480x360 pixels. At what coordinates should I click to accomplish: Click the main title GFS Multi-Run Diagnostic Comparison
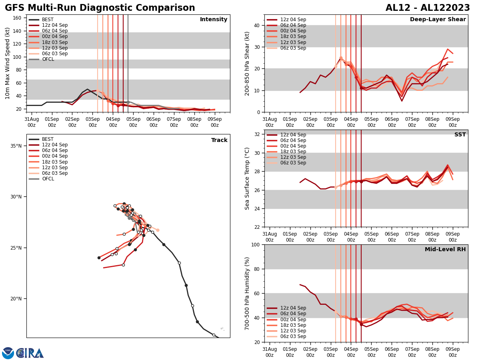100,8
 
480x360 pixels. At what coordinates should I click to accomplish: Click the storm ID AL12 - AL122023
428,8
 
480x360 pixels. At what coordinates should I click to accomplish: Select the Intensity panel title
214,20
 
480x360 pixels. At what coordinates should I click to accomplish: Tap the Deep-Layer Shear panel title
438,20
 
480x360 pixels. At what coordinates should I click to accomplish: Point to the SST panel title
460,135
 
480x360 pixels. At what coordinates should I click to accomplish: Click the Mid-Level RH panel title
445,250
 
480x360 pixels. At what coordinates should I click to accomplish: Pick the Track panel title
219,140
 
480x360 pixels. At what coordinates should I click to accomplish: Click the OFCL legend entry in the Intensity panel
48,59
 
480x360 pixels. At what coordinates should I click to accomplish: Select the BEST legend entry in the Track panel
48,139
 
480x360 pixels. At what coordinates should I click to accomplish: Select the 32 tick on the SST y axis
257,134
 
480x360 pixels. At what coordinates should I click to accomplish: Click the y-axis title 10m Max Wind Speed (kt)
8,63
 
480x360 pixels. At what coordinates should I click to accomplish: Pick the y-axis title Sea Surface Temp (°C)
247,178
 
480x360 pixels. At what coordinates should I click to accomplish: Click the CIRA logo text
30,353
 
